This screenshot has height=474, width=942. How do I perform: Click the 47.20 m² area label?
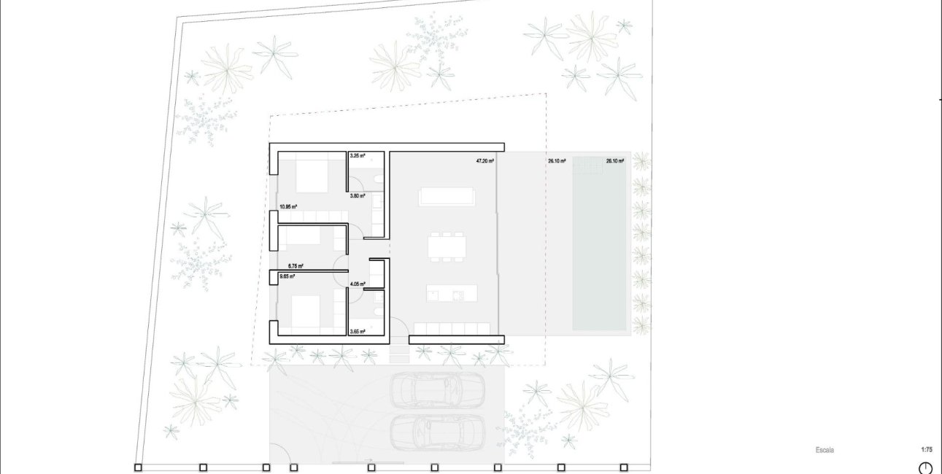pos(485,161)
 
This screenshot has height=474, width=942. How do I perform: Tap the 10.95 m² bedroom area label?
pos(287,207)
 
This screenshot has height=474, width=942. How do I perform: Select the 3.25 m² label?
pos(357,156)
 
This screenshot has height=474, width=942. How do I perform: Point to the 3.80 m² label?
pos(357,196)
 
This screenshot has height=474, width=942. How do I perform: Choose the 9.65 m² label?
pos(287,277)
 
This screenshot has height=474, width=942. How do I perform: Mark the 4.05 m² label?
pos(357,284)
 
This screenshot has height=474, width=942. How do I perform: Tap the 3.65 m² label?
pos(357,332)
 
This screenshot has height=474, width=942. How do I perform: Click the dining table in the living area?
pos(447,246)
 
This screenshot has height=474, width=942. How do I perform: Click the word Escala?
pos(825,450)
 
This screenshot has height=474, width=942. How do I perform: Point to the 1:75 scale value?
pos(927,450)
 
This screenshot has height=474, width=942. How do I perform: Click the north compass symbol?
pos(925,468)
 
